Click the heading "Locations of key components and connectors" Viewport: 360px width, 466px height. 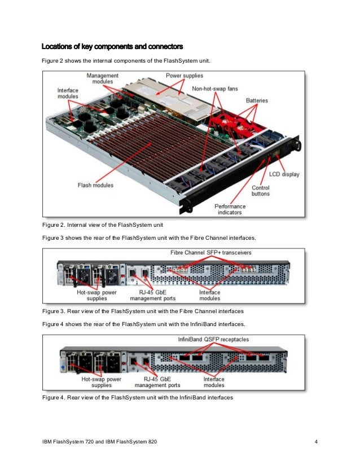pos(112,45)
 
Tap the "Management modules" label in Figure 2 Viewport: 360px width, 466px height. pos(102,79)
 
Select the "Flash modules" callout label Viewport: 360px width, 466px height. pos(95,184)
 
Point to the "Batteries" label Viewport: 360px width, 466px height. pos(257,100)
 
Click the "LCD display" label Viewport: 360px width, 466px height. pos(284,174)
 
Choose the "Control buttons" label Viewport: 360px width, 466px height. pos(260,190)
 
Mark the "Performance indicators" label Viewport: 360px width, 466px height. pos(230,209)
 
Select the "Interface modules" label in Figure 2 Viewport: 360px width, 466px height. pos(68,94)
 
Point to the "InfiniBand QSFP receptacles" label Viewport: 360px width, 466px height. pos(213,340)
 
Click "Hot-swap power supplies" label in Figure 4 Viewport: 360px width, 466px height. pos(102,383)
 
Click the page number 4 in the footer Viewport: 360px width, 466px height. pos(315,440)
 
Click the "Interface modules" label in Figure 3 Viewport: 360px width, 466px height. pos(209,296)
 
